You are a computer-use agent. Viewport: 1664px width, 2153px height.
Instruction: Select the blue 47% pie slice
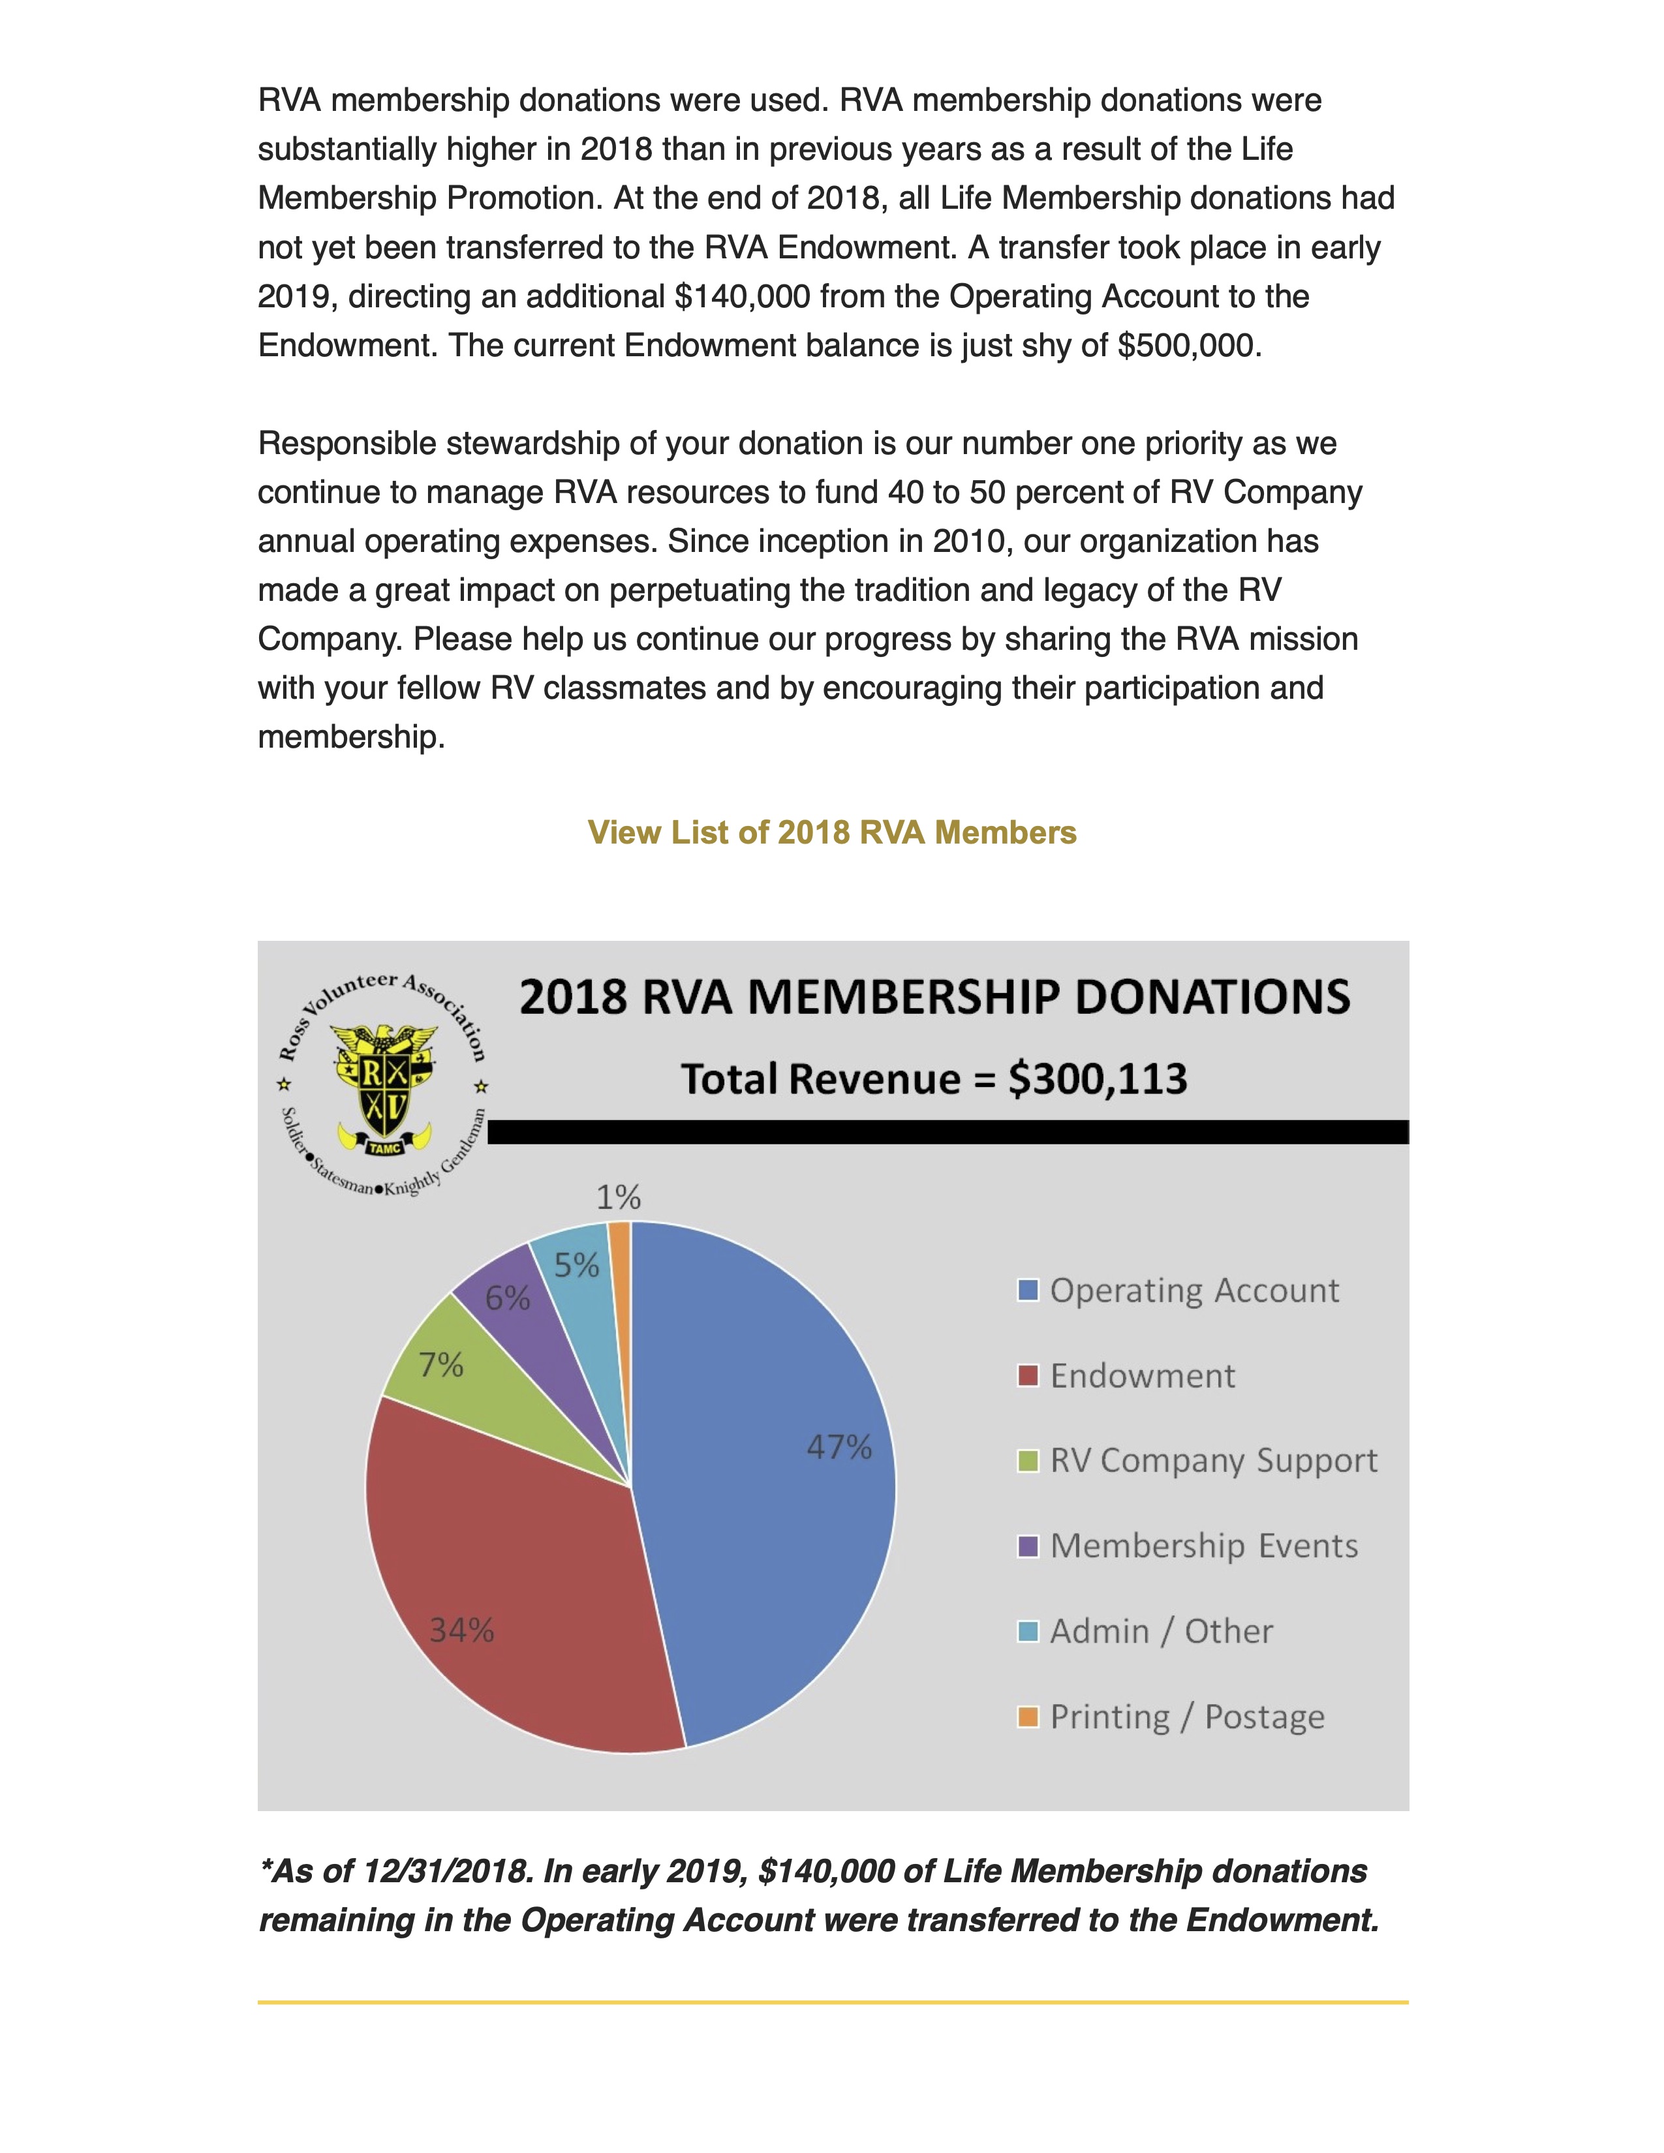[x=769, y=1478]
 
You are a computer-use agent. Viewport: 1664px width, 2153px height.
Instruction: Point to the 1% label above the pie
[x=618, y=1198]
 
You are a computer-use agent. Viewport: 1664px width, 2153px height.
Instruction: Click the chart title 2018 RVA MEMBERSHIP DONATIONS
[x=934, y=997]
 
